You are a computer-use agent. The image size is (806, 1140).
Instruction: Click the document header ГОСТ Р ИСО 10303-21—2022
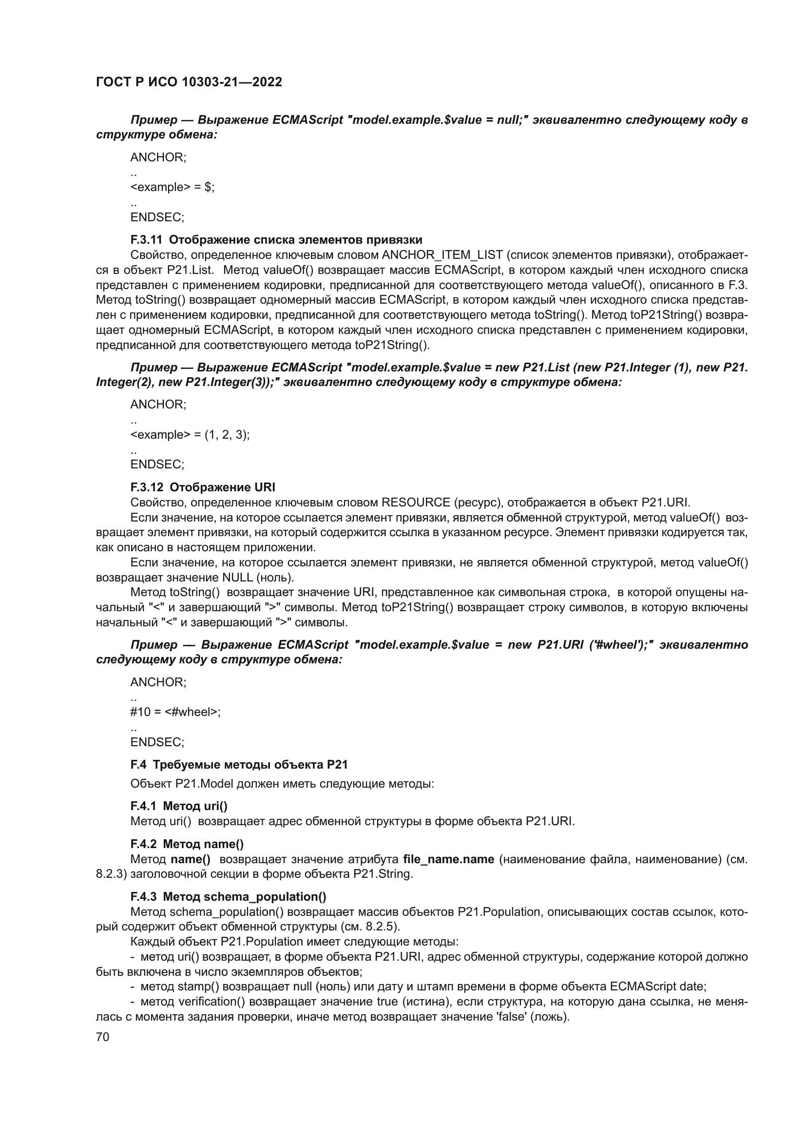(x=189, y=82)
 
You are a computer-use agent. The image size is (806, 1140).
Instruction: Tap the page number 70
(x=102, y=1037)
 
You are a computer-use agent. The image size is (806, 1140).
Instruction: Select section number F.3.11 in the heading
(x=146, y=240)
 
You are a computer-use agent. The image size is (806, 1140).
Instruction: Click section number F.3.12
(x=146, y=486)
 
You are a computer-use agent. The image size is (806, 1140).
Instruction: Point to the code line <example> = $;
(x=172, y=187)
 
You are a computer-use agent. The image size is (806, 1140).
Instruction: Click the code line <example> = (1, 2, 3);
(x=190, y=434)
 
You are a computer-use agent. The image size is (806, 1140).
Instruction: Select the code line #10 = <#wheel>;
(x=175, y=712)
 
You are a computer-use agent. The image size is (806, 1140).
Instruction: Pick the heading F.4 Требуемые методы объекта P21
(x=239, y=764)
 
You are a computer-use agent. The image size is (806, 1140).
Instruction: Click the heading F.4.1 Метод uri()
(x=179, y=805)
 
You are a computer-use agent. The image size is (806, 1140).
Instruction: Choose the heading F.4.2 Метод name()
(x=187, y=844)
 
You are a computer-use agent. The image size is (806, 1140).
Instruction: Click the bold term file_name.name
(x=448, y=859)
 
